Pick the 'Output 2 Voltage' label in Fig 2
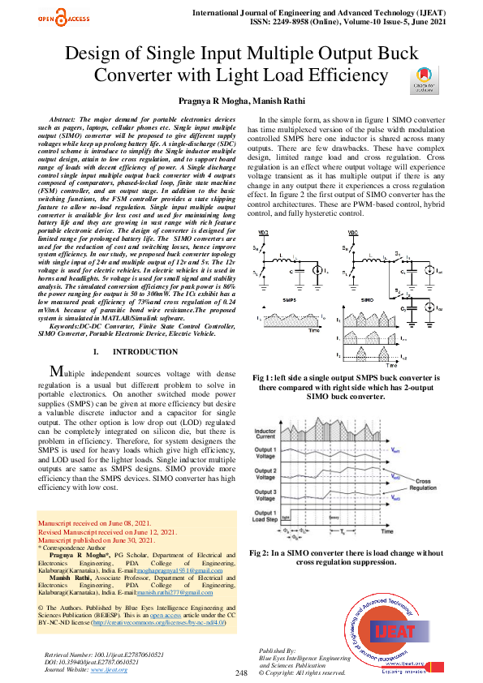click(265, 473)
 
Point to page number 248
click(242, 673)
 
